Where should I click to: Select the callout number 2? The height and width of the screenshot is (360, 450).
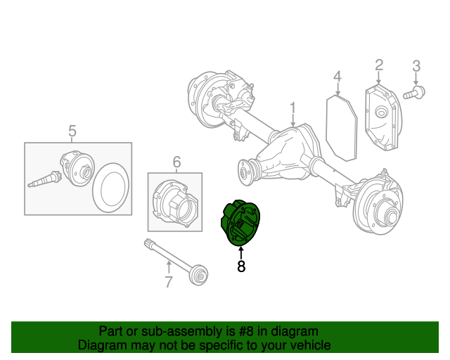[379, 65]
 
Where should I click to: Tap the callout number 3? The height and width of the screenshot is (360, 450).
[416, 66]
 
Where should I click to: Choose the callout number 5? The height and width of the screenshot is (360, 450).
[72, 131]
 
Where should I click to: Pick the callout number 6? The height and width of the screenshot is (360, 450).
[176, 162]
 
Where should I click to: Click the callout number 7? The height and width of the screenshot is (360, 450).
[169, 283]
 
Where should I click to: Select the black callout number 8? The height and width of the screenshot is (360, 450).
[240, 266]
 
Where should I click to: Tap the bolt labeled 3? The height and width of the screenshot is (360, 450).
[413, 92]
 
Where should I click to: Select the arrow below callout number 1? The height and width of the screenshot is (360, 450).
[293, 121]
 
